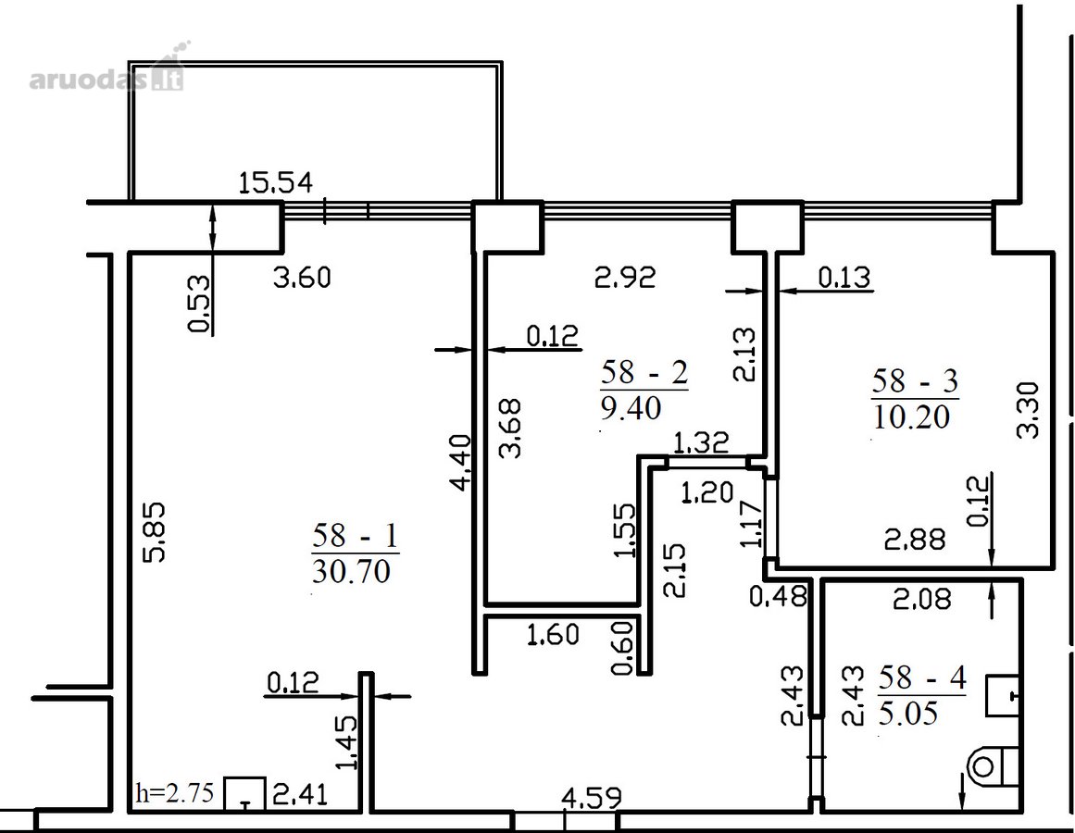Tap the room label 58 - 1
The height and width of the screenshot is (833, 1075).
(356, 536)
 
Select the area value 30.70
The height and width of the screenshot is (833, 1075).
(351, 571)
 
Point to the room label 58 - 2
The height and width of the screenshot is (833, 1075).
(644, 373)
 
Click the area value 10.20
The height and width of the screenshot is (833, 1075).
(912, 416)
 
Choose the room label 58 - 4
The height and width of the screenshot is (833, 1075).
(922, 678)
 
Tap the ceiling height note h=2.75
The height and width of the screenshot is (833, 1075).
(176, 792)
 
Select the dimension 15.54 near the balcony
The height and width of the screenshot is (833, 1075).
(276, 183)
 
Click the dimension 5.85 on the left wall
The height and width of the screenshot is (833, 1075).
(156, 532)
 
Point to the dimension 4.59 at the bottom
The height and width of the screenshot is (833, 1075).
(592, 798)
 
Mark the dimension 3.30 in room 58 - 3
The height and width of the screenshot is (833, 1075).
(1029, 410)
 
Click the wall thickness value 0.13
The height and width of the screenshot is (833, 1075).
(844, 278)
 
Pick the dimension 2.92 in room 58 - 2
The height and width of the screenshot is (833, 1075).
(625, 278)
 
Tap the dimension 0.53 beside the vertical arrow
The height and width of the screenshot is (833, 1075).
(199, 304)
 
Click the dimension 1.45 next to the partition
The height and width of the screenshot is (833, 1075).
(347, 742)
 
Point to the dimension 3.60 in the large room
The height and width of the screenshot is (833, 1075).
(302, 278)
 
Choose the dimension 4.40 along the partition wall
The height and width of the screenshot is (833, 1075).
(461, 462)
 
